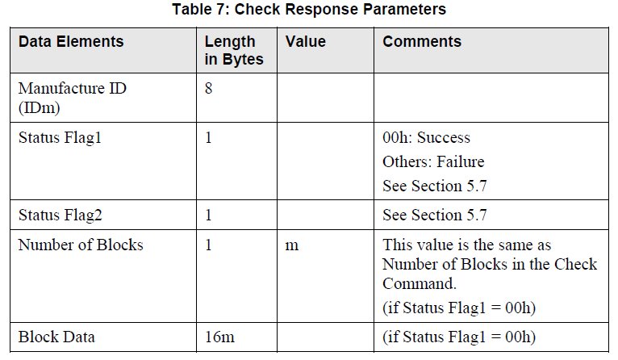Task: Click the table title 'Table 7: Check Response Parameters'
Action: [309, 10]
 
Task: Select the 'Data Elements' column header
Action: [71, 41]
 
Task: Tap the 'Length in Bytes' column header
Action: [230, 50]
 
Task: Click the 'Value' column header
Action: [306, 41]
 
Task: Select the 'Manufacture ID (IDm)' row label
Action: [72, 98]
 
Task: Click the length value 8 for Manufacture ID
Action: [208, 89]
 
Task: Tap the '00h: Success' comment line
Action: [426, 137]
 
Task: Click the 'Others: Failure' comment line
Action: [433, 161]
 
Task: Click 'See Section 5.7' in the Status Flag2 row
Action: [435, 215]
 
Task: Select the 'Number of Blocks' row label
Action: [81, 245]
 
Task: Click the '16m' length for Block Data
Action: [218, 336]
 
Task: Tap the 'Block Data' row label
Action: [56, 336]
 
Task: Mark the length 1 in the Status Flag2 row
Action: [208, 215]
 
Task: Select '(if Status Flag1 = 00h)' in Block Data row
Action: [459, 336]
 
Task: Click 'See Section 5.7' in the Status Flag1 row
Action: [435, 186]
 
